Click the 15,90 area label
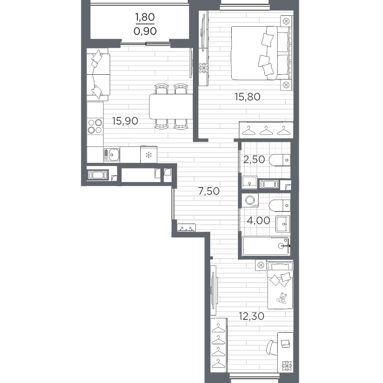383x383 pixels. [x=125, y=121]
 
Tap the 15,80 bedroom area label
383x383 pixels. [x=248, y=97]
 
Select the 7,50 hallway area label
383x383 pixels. [x=209, y=191]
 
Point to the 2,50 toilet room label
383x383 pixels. [x=254, y=159]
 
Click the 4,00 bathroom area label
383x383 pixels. [x=258, y=221]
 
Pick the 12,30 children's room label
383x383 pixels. [x=252, y=316]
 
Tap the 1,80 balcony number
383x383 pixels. [x=145, y=17]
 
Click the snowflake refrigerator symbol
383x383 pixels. [x=148, y=155]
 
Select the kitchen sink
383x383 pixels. [x=112, y=155]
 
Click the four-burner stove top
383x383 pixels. [x=95, y=126]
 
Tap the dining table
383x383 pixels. [x=171, y=106]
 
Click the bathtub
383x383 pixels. [x=266, y=246]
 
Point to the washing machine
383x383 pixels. [x=250, y=200]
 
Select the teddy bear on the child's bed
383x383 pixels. [x=282, y=298]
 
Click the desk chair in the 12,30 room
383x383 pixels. [x=271, y=348]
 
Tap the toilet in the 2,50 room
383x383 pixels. [x=280, y=160]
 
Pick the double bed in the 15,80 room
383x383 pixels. [x=261, y=53]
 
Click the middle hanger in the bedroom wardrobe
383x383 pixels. [x=266, y=130]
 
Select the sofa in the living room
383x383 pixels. [x=98, y=75]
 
